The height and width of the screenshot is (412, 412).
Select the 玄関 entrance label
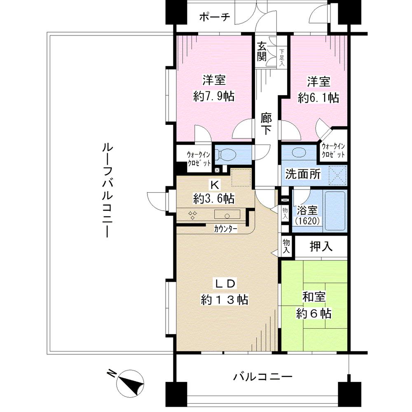coord(262,51)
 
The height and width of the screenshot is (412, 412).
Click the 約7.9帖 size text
coord(214,97)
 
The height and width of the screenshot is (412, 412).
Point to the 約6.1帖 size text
coord(318,97)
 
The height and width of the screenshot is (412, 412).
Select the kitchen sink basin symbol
coord(227,215)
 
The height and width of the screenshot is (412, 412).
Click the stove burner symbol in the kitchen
coord(193,215)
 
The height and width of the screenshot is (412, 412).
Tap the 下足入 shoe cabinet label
coord(282,58)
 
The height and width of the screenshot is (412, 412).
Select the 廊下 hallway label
coord(267,124)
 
